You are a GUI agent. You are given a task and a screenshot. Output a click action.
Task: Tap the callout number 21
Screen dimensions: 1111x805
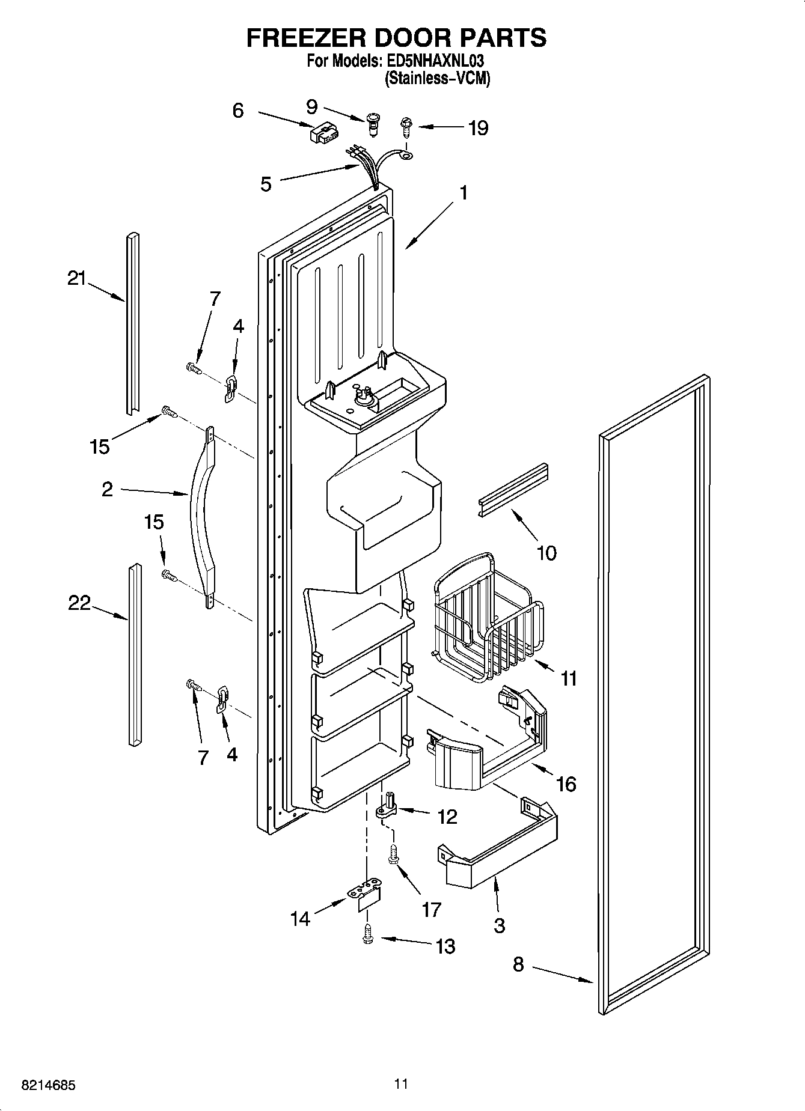click(76, 279)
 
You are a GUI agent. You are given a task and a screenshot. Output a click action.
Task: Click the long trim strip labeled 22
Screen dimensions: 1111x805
click(134, 655)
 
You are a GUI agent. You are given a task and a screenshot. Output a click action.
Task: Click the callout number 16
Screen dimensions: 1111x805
click(566, 784)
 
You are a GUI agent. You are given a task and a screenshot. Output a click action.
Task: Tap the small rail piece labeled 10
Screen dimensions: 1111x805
click(514, 490)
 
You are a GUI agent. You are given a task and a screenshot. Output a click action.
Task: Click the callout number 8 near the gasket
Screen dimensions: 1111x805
click(518, 965)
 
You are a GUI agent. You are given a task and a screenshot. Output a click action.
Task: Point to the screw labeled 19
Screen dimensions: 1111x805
click(406, 127)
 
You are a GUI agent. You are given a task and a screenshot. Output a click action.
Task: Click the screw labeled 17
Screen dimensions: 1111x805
click(394, 855)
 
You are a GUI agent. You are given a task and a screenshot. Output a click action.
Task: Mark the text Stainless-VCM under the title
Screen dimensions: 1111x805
click(437, 78)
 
